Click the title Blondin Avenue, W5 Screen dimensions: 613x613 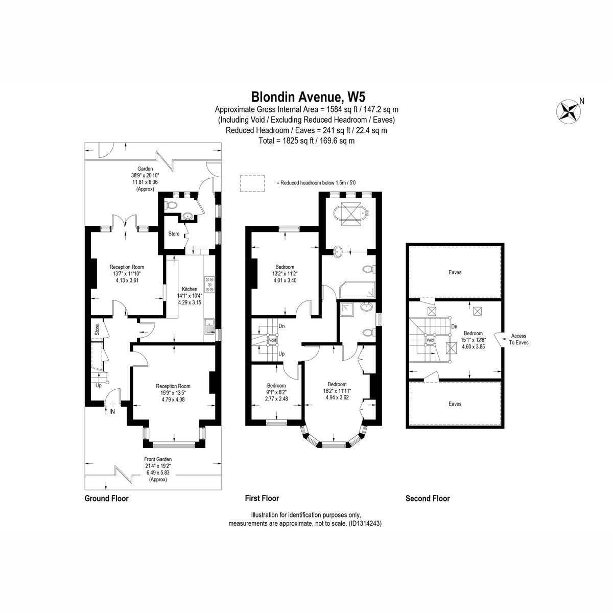tap(308, 97)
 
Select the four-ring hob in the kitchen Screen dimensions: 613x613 tap(209, 285)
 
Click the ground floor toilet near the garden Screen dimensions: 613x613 tap(170, 205)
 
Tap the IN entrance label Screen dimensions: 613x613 tap(112, 411)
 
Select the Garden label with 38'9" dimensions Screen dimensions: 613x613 tap(145, 178)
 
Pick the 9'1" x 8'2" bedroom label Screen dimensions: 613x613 tap(276, 392)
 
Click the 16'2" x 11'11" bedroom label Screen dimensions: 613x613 tap(337, 391)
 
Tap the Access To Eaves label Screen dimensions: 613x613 tap(518, 339)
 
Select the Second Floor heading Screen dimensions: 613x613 tap(428, 499)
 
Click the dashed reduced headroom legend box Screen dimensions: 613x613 tap(252, 183)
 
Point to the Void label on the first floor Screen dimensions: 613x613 tap(273, 340)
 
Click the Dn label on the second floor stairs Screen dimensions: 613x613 tap(454, 327)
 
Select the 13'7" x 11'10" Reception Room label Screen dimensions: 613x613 tap(127, 274)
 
